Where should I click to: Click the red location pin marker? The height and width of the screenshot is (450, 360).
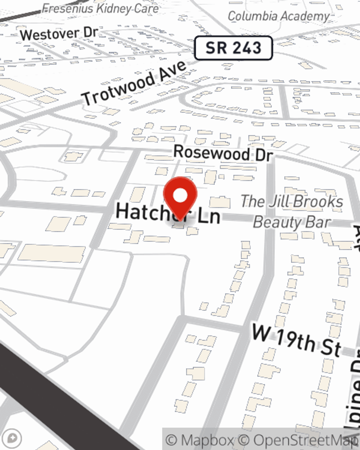180,198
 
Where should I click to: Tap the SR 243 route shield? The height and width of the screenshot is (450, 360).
233,48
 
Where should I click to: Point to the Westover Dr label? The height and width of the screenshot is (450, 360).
59,33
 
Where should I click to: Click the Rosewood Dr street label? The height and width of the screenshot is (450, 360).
223,153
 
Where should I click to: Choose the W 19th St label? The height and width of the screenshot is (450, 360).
296,340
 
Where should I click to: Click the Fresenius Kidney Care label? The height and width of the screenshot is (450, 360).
100,8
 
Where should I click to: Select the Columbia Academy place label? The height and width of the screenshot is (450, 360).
278,16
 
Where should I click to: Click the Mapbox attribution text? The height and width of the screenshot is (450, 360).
200,440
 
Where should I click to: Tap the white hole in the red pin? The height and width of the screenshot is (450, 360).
180,196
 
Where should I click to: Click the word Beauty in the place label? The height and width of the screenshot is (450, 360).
277,222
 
